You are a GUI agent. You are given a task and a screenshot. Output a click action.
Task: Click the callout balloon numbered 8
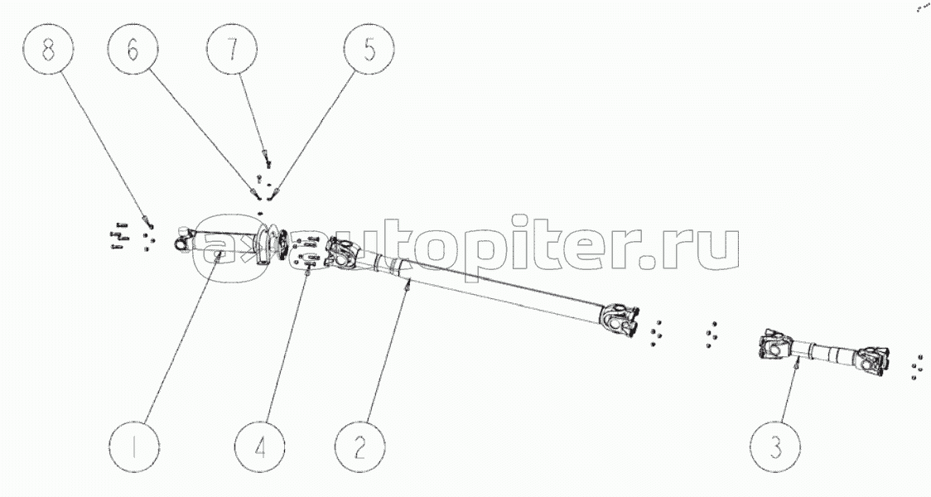click(x=48, y=51)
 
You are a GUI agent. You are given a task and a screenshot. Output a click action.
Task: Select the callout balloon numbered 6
click(x=133, y=51)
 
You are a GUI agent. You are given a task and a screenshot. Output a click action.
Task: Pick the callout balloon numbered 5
click(x=368, y=51)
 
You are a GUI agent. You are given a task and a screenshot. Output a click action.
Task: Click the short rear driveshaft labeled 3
click(x=825, y=355)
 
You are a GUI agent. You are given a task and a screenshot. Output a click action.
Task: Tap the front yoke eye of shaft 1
click(x=181, y=240)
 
